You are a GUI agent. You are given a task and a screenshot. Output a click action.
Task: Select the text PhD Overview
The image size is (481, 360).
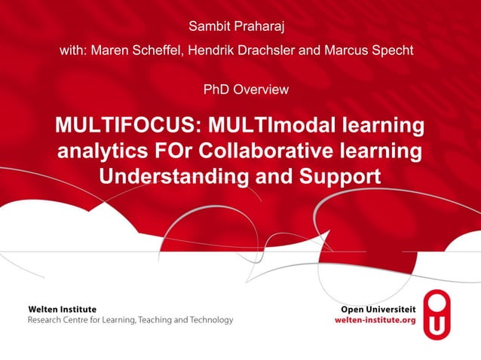(246, 90)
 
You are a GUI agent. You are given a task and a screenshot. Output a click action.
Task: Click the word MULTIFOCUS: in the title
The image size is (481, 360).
(128, 125)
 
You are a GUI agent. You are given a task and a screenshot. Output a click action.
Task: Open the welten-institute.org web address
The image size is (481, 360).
(375, 320)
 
